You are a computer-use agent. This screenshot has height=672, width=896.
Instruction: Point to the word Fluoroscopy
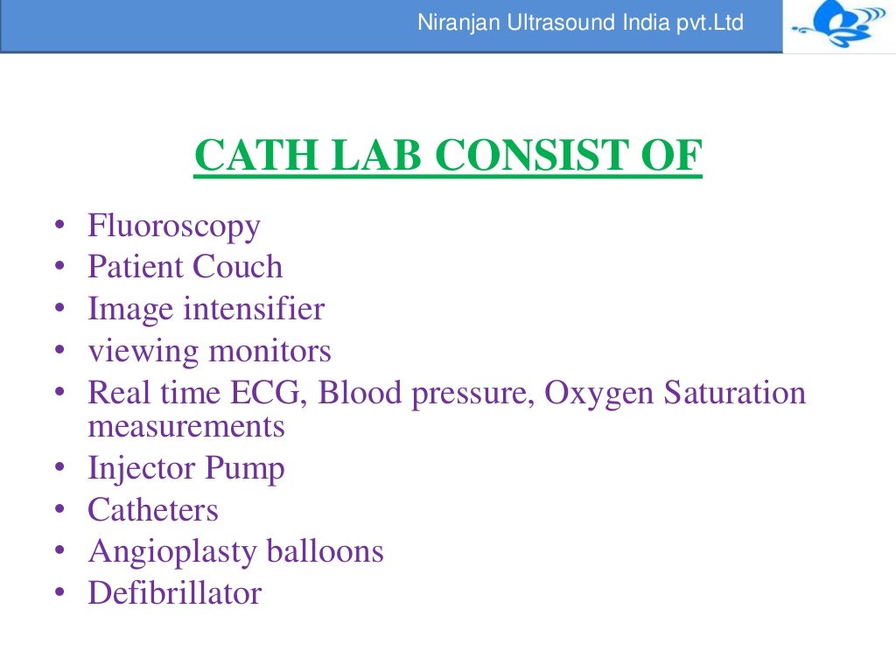pos(173,227)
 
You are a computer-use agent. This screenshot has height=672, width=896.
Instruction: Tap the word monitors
pos(269,352)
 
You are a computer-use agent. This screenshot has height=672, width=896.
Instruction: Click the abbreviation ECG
pos(270,393)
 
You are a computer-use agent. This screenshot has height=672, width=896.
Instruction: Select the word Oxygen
pos(599,393)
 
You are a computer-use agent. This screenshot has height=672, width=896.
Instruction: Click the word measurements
pos(186,427)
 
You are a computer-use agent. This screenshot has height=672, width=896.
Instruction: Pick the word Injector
pos(142,469)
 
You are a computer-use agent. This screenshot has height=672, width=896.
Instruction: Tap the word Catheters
pos(153,510)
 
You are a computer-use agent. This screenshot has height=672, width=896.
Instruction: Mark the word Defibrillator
pos(174,593)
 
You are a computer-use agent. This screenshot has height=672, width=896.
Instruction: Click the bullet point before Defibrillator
pos(59,594)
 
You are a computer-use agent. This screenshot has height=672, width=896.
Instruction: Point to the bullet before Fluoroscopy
pos(59,227)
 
